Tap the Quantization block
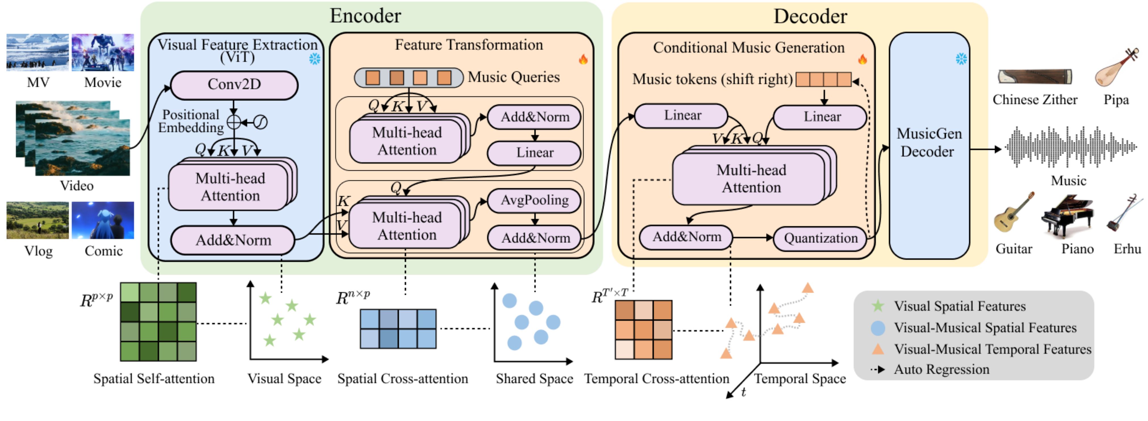[x=820, y=238]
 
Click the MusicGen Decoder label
[x=929, y=143]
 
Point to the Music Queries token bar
[x=408, y=78]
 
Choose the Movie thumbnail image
[x=103, y=52]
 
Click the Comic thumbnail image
[x=103, y=220]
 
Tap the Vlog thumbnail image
[x=38, y=220]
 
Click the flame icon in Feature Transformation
[x=583, y=59]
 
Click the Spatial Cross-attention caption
[x=402, y=379]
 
